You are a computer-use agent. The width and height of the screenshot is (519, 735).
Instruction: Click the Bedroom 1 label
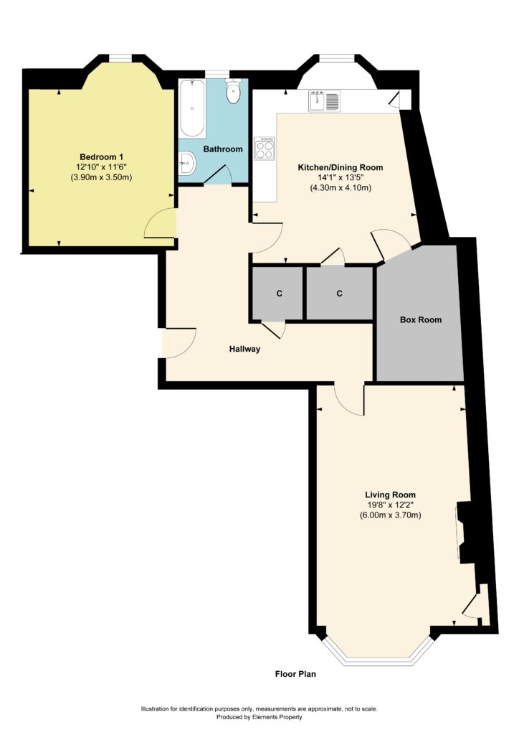pyautogui.click(x=102, y=157)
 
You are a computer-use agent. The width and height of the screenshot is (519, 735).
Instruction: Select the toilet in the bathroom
pyautogui.click(x=233, y=91)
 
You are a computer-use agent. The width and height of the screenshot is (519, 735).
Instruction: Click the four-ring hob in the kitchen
pyautogui.click(x=265, y=148)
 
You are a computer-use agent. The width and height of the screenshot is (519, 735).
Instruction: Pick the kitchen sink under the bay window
pyautogui.click(x=324, y=101)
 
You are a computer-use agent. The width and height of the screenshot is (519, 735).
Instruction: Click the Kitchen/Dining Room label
pyautogui.click(x=341, y=167)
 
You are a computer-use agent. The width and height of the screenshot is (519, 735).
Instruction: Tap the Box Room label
pyautogui.click(x=421, y=319)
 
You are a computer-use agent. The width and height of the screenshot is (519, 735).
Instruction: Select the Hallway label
pyautogui.click(x=244, y=349)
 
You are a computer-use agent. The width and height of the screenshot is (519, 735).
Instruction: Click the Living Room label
pyautogui.click(x=390, y=495)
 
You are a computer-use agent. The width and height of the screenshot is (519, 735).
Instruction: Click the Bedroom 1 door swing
pyautogui.click(x=160, y=223)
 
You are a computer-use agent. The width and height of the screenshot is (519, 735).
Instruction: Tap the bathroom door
pyautogui.click(x=218, y=175)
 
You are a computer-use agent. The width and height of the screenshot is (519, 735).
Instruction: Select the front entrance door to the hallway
pyautogui.click(x=178, y=343)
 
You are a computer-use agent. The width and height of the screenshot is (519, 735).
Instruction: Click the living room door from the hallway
pyautogui.click(x=349, y=400)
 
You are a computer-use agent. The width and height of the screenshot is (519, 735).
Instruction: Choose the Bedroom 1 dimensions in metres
pyautogui.click(x=102, y=178)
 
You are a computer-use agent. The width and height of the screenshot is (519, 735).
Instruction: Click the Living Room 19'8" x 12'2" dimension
pyautogui.click(x=390, y=505)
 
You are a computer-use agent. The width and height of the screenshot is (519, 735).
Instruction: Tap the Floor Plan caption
pyautogui.click(x=295, y=674)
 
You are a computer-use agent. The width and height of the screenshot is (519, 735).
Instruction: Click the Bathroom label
pyautogui.click(x=223, y=149)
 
